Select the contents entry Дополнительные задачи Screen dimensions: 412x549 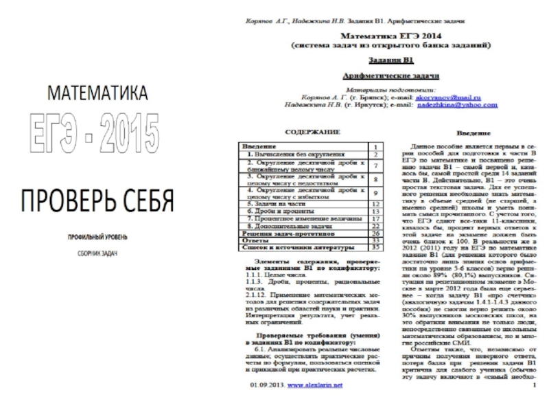pyautogui.click(x=288, y=227)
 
